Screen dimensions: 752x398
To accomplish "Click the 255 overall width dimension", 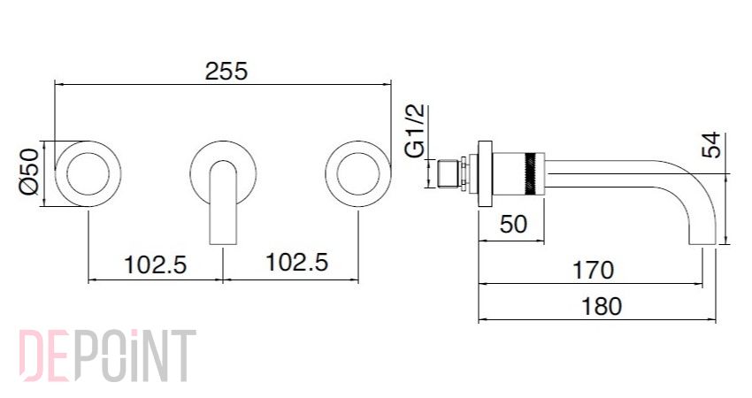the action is (226, 71).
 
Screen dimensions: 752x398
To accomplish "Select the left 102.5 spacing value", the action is (156, 264).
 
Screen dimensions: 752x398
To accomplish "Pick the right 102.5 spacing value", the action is (297, 262).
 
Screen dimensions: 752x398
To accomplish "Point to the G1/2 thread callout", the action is (415, 132).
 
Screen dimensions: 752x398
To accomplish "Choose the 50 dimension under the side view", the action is (513, 224).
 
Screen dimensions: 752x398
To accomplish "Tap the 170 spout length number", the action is (594, 270).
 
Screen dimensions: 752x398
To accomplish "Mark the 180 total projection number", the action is (602, 306).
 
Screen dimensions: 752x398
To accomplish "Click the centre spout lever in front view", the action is (223, 202).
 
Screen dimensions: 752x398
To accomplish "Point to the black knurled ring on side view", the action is (531, 174).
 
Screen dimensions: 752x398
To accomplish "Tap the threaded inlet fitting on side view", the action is (449, 174).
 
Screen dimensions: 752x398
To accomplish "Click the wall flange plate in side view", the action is (486, 174).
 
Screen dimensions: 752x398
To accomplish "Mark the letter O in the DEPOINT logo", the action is (111, 356).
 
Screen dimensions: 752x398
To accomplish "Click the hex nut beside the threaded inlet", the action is (464, 174).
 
